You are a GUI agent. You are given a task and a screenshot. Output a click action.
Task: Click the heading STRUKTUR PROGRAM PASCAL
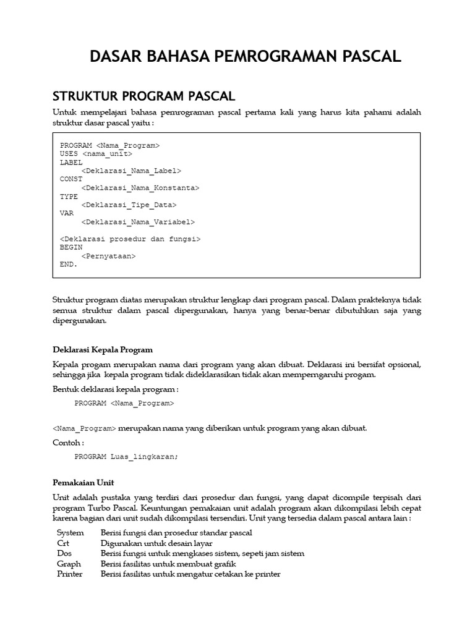(x=143, y=96)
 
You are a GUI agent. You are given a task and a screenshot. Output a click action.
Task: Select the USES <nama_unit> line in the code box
(x=96, y=153)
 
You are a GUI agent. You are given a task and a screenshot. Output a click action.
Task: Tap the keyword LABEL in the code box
(x=71, y=162)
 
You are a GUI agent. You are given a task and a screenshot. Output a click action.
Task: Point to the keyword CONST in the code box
(x=71, y=179)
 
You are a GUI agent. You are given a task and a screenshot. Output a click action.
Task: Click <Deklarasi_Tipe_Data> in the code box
(x=129, y=205)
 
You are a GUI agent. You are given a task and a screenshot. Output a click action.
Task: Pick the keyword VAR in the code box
(x=67, y=213)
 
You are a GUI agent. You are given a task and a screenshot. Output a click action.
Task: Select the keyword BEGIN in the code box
(x=71, y=247)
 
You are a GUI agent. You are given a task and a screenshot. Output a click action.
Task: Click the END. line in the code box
(x=69, y=264)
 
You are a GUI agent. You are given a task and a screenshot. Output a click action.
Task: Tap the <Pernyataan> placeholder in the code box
(x=108, y=255)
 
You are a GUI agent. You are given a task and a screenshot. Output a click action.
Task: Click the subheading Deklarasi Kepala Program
(x=103, y=350)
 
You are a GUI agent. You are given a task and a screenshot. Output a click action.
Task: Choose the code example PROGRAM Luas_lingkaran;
(x=126, y=457)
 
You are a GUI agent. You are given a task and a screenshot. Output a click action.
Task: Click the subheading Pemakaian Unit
(x=83, y=482)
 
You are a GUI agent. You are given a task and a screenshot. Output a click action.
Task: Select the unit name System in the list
(x=70, y=532)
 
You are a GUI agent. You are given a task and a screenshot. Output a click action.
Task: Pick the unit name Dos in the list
(x=64, y=553)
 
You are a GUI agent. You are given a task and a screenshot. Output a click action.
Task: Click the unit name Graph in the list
(x=69, y=564)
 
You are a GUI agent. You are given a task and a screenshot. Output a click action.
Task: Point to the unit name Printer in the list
(x=70, y=574)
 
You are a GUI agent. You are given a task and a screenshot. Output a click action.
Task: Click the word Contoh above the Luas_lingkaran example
(x=67, y=443)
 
